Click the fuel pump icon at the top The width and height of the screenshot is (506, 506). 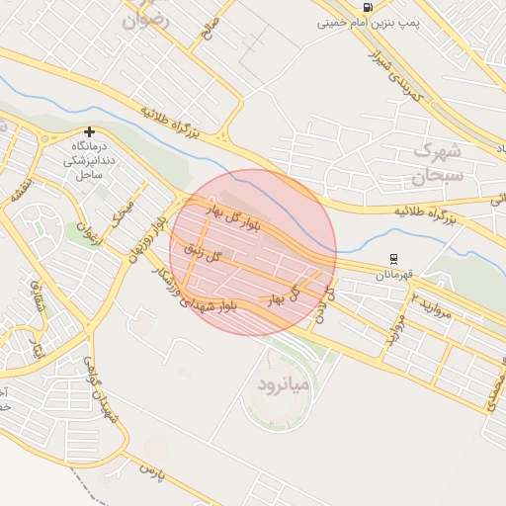click(x=368, y=7)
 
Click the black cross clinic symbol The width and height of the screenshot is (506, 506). click(x=90, y=131)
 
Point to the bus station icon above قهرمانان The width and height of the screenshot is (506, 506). click(x=393, y=259)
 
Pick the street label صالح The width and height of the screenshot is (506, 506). click(x=206, y=28)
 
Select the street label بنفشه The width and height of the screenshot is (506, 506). click(x=19, y=192)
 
